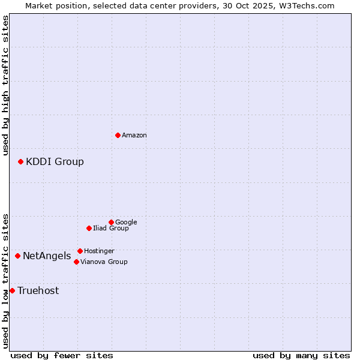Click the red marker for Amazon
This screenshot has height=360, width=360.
coord(118,135)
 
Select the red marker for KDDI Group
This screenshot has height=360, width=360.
coord(20,161)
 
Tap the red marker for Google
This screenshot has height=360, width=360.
coord(111,222)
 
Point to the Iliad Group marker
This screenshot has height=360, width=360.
coord(89,228)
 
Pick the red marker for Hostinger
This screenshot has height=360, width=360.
coord(80,251)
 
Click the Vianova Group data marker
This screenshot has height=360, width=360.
coord(76,262)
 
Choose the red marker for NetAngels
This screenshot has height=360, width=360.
coord(17,256)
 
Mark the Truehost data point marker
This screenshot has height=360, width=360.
coord(12,290)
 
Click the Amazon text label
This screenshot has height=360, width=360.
coord(134,136)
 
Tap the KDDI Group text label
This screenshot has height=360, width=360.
coord(55,161)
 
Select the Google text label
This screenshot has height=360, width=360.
coord(126,222)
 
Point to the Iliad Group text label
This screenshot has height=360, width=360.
coord(111,228)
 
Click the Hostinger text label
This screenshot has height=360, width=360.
coord(99,251)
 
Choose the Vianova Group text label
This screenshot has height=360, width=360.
coord(104,262)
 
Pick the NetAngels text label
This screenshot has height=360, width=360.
coord(47,256)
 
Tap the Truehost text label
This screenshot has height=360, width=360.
coord(38,291)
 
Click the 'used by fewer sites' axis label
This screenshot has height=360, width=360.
coord(62,355)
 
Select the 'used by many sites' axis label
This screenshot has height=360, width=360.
coord(301,355)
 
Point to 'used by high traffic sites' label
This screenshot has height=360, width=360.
coord(5,85)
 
